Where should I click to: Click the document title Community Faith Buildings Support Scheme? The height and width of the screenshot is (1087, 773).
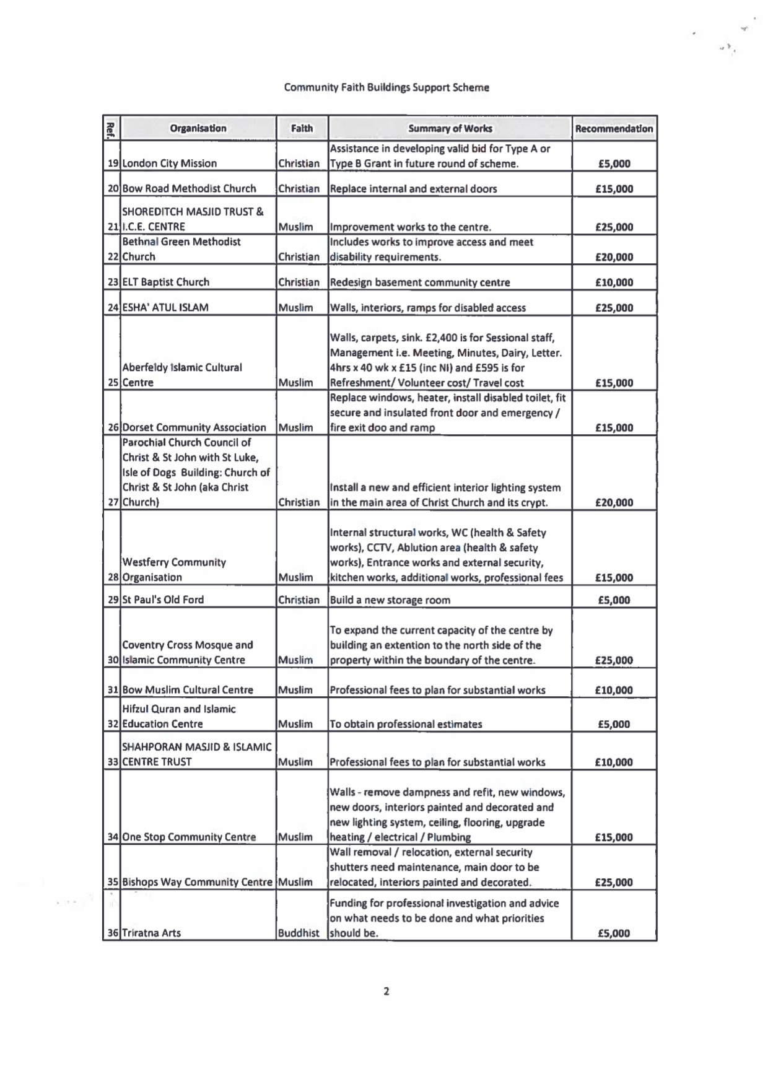(x=386, y=87)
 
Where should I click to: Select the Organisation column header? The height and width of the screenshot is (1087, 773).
(x=198, y=128)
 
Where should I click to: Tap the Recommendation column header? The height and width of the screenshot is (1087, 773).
(x=614, y=129)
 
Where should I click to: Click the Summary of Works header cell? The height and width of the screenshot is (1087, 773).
(x=450, y=128)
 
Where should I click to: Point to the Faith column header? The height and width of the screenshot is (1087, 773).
(x=302, y=128)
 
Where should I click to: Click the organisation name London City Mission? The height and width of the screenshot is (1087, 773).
(x=169, y=164)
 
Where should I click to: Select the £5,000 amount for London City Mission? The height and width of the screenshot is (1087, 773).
(x=614, y=164)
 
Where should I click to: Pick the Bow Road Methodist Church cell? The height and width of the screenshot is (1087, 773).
(x=189, y=188)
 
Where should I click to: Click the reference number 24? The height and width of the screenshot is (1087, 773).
(x=113, y=307)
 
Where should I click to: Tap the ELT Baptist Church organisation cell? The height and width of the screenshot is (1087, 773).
(x=165, y=282)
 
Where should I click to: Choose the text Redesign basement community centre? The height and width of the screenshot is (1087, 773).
(x=420, y=282)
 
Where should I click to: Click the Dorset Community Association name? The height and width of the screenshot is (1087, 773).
(x=194, y=427)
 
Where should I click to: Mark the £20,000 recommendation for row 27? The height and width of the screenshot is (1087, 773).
(x=614, y=502)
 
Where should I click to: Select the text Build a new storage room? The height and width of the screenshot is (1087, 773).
(x=390, y=600)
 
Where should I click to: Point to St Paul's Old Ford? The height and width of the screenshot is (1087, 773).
(x=163, y=600)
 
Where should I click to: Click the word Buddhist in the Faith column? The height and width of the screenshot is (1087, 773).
(x=299, y=933)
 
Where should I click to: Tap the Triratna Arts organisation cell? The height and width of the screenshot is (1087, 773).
(x=151, y=933)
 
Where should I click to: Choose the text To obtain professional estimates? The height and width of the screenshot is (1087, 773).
(x=406, y=724)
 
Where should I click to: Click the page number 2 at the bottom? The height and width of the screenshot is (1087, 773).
(x=386, y=991)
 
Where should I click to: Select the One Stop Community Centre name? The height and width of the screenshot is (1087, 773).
(x=189, y=837)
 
